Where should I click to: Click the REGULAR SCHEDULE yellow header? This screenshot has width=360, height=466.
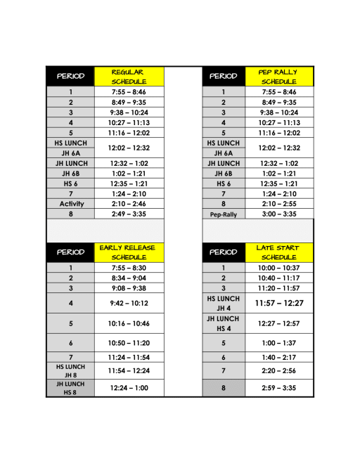pos(128,76)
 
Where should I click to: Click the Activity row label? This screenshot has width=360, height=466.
pos(71,204)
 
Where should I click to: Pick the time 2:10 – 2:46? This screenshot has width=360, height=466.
pos(128,204)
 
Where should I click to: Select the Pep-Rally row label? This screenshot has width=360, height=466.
pos(223,214)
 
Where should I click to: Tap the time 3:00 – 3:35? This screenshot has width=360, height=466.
pos(279,214)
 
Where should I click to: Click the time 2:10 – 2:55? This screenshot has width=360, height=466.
pos(279,204)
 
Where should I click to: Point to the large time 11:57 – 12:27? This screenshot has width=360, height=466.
pos(279,303)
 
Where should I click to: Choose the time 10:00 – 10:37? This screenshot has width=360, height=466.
pos(279,268)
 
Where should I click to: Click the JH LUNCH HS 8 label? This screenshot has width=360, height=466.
pos(70,388)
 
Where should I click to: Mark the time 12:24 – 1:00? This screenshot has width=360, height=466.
pos(128,388)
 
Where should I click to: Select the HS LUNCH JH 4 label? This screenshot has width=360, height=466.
pos(223,303)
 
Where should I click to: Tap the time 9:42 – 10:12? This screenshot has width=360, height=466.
pos(128,304)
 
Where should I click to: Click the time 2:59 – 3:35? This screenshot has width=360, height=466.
pos(279,387)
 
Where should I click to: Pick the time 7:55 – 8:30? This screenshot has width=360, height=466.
pos(128,268)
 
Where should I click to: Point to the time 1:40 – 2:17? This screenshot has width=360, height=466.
pos(279,358)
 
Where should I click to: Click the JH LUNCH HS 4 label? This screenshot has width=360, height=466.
pos(223,324)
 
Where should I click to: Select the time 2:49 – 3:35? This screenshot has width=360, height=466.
pos(128,214)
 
